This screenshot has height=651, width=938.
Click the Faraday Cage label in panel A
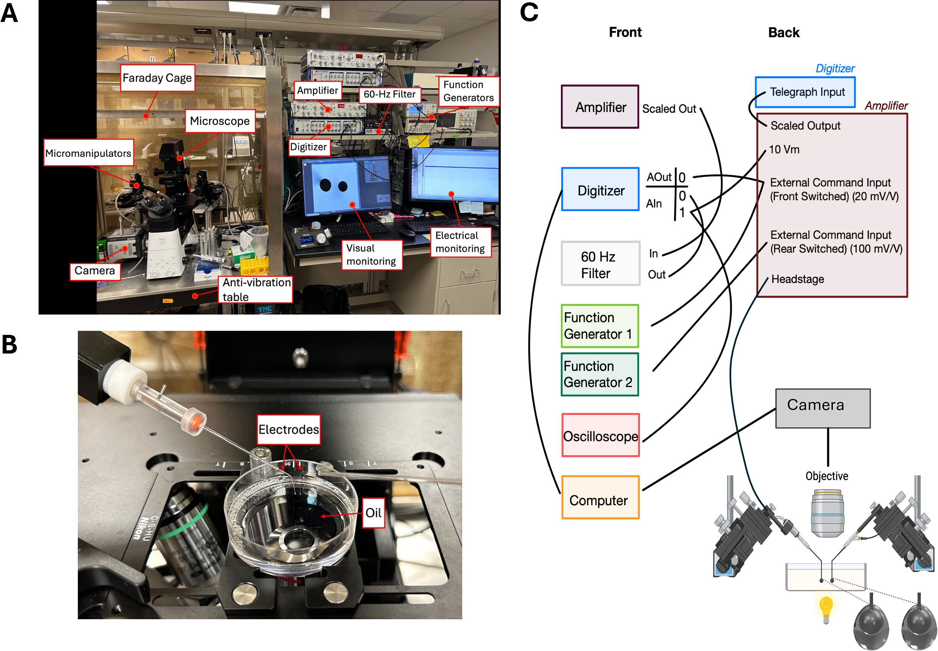point(157,78)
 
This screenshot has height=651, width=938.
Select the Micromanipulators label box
point(89,153)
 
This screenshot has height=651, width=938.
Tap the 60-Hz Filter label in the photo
point(389,94)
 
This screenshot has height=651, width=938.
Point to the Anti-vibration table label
point(256,290)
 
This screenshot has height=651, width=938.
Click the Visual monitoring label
point(371,255)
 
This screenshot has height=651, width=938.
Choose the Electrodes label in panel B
point(289,430)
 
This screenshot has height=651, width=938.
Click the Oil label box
point(373,513)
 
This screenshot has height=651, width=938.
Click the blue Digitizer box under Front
point(601,189)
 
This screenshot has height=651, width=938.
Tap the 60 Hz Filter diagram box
point(601,263)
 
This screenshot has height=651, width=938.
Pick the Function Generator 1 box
point(599,326)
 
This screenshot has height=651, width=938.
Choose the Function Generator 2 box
point(599,374)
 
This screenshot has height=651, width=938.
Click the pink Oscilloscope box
point(601,435)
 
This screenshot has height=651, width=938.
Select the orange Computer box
point(601,497)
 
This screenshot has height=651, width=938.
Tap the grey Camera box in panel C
point(823,408)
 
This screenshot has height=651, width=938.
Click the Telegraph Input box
point(805,92)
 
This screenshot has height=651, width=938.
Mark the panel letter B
point(10,344)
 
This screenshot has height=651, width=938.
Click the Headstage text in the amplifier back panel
point(797,279)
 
